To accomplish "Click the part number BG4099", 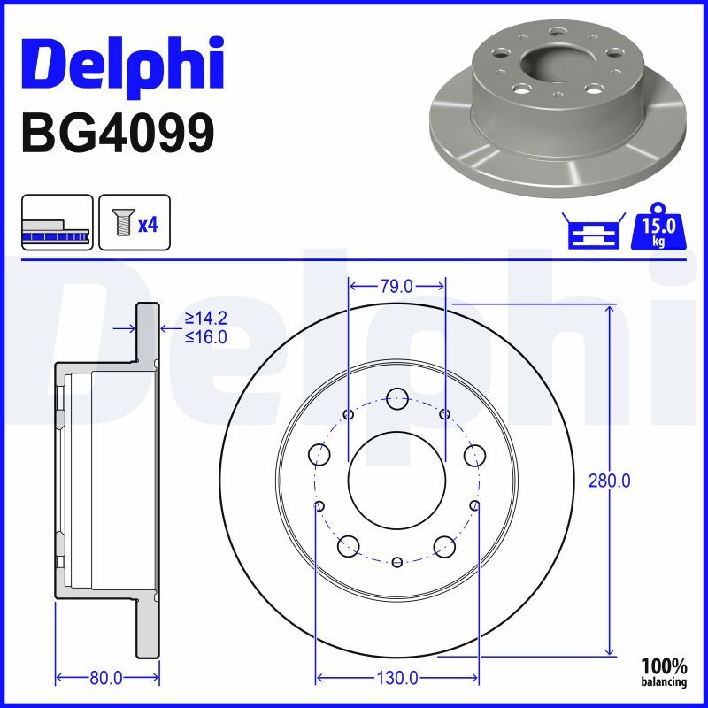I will pos(117,133).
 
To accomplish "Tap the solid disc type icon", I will pos(57,222).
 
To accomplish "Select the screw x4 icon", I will pos(134,222).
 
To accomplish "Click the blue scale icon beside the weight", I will pos(593,232).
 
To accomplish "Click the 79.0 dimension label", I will pos(396,286).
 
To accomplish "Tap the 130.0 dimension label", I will pos(397,679).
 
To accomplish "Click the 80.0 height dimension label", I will pos(106,679).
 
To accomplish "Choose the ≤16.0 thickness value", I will pos(205,336).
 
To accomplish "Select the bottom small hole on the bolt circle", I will pos(396,562).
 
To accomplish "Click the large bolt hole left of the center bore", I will pos(319,455).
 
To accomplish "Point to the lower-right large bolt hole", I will pos(443,545).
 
